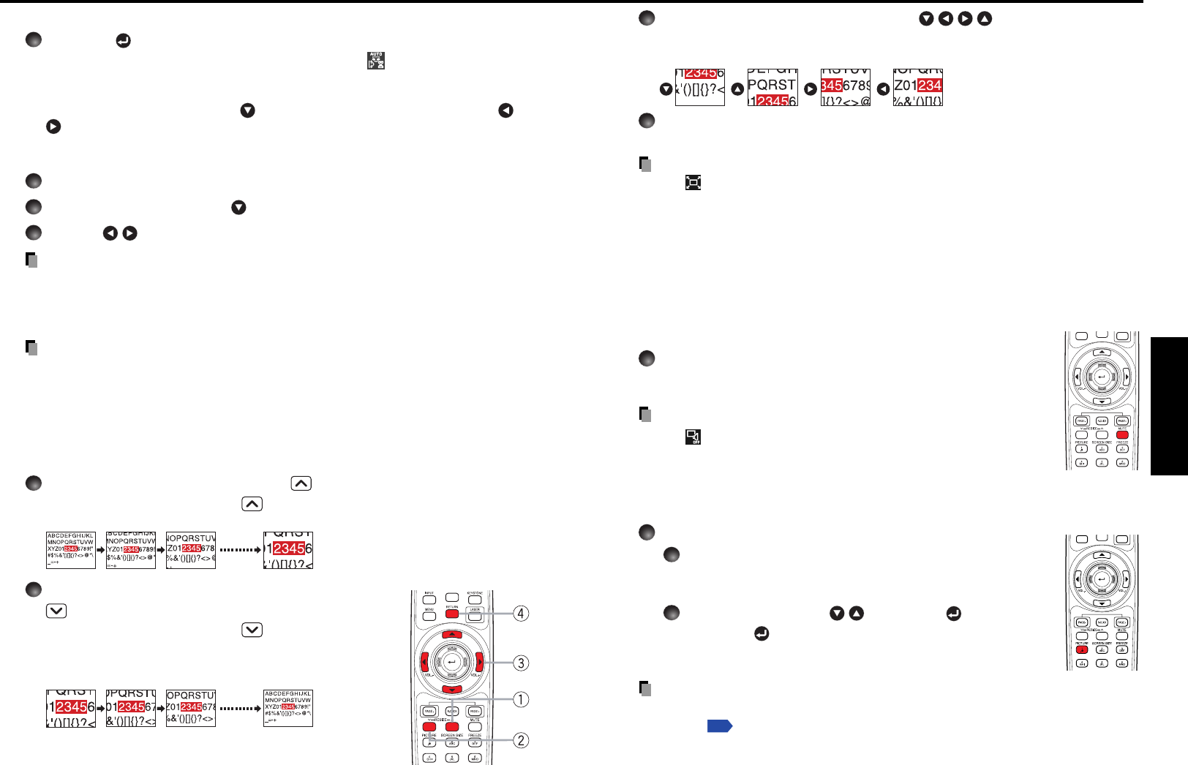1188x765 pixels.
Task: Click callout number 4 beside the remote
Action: pos(520,614)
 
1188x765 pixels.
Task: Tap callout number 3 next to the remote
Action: pos(520,663)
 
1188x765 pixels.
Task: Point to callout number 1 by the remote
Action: pos(520,700)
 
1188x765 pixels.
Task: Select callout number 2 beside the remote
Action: pos(520,740)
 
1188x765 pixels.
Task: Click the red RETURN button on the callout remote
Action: pos(452,614)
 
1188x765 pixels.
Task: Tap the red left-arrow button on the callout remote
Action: pos(424,663)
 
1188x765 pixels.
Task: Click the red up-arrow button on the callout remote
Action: pos(452,634)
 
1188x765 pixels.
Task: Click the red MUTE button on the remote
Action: pos(1122,435)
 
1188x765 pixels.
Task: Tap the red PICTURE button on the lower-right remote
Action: pos(1082,649)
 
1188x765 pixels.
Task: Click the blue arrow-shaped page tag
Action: pos(720,726)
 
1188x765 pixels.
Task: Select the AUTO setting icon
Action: pos(376,61)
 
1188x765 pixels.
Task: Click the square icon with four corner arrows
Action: pos(693,182)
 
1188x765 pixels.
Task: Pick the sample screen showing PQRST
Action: pos(772,88)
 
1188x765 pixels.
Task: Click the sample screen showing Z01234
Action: pos(917,88)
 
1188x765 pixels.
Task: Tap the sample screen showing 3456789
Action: pos(846,88)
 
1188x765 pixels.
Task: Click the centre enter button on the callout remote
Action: pos(451,663)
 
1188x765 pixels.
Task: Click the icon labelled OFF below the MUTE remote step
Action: pos(693,437)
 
